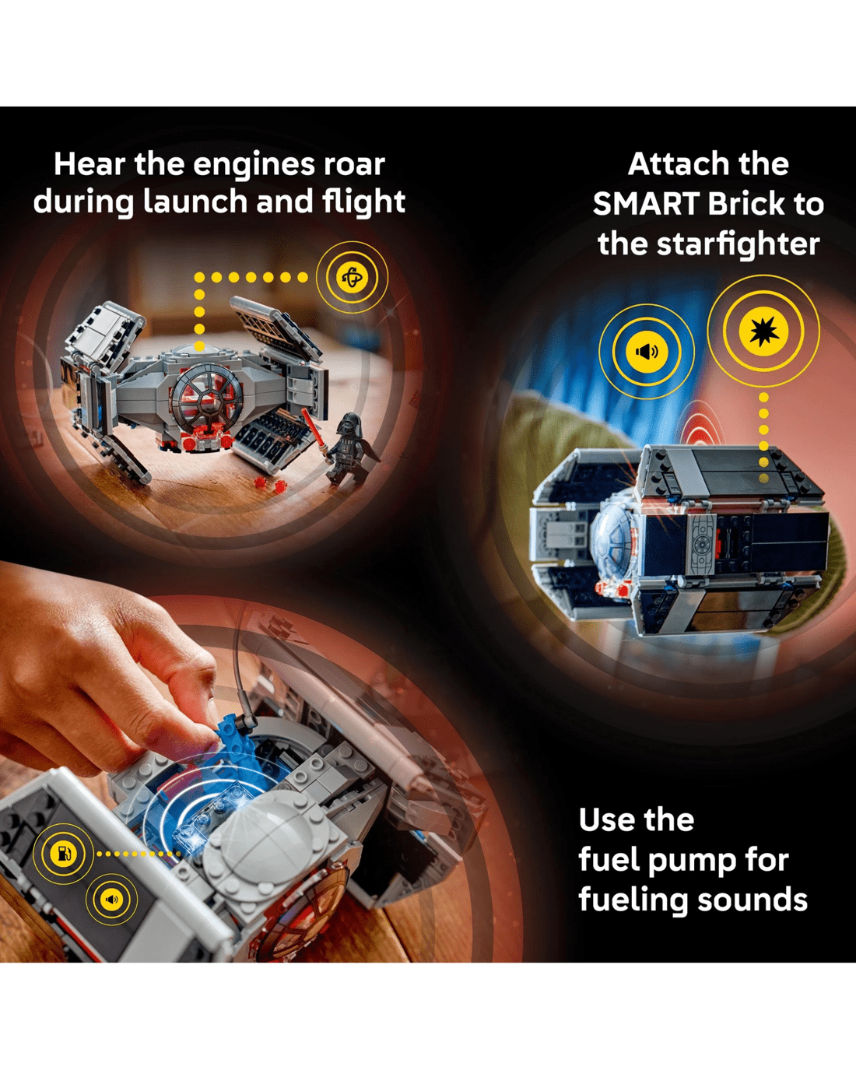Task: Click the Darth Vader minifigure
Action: click(349, 448)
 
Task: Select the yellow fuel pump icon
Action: click(63, 853)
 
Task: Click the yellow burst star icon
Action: click(763, 331)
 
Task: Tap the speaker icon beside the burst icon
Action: click(647, 352)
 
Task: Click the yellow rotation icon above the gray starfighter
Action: click(353, 277)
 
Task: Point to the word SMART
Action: click(647, 204)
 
